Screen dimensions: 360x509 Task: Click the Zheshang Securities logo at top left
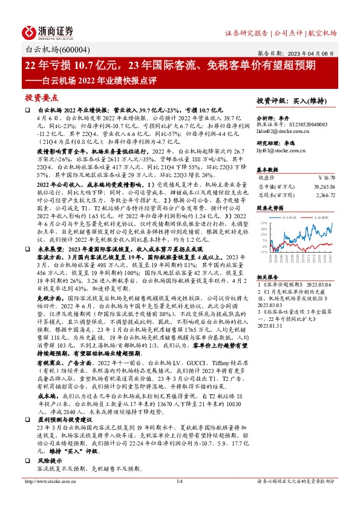click(x=48, y=31)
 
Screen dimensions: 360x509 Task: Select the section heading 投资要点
click(x=41, y=97)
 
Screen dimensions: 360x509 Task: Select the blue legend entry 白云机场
click(x=294, y=216)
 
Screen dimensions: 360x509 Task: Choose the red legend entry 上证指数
click(x=324, y=216)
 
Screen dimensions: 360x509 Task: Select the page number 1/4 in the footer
click(x=179, y=498)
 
